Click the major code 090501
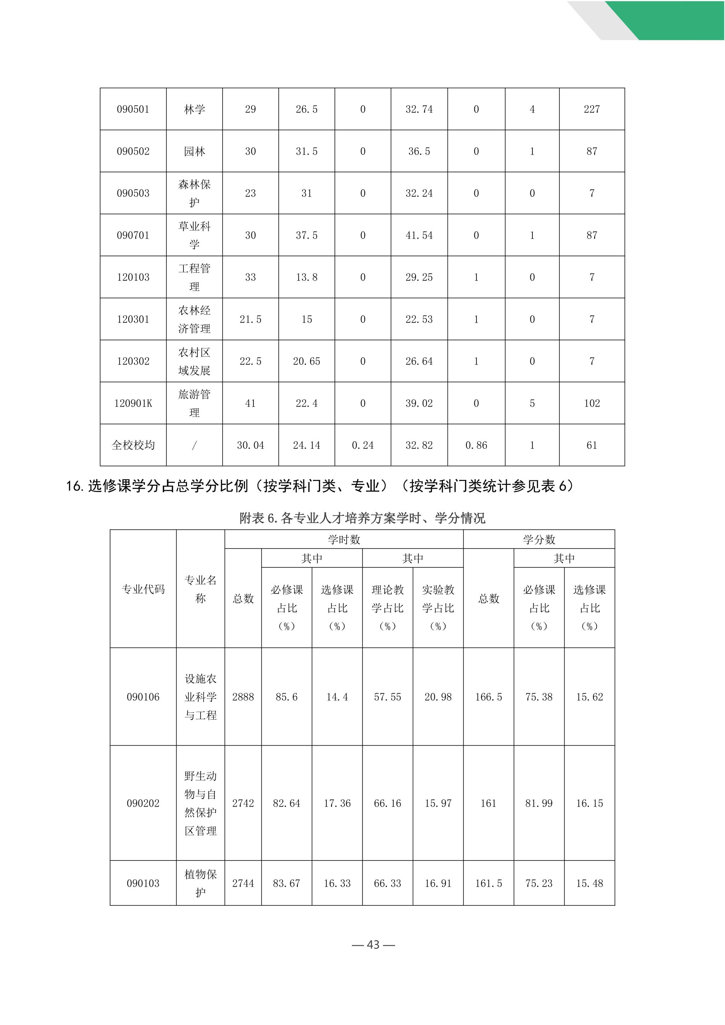point(133,109)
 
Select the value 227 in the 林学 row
point(592,109)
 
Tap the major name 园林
point(194,151)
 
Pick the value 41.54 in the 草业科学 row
point(419,235)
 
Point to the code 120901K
point(133,403)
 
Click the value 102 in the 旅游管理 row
point(592,403)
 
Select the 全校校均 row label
point(133,445)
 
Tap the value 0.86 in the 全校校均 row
point(476,445)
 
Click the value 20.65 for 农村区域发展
point(306,361)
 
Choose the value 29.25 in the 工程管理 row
point(419,277)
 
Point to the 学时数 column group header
point(344,540)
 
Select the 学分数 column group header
point(539,540)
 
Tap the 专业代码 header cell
point(143,589)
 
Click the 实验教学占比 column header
point(438,608)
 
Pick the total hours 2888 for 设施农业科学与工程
point(243,697)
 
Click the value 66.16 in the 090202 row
point(388,803)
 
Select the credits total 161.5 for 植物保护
point(489,883)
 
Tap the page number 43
point(373,945)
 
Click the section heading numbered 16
point(319,486)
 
